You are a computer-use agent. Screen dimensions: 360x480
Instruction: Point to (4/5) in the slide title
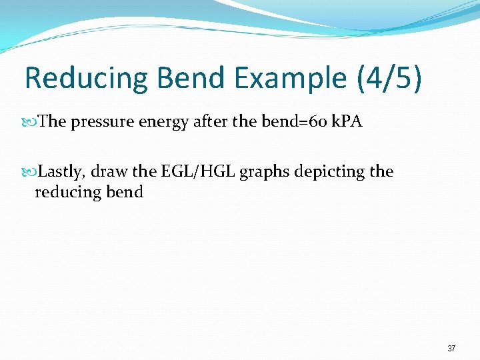pyautogui.click(x=389, y=78)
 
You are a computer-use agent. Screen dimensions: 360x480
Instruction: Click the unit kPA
pyautogui.click(x=346, y=122)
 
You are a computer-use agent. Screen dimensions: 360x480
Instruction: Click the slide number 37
pyautogui.click(x=451, y=349)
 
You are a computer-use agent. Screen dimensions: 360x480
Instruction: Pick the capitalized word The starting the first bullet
pyautogui.click(x=51, y=122)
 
